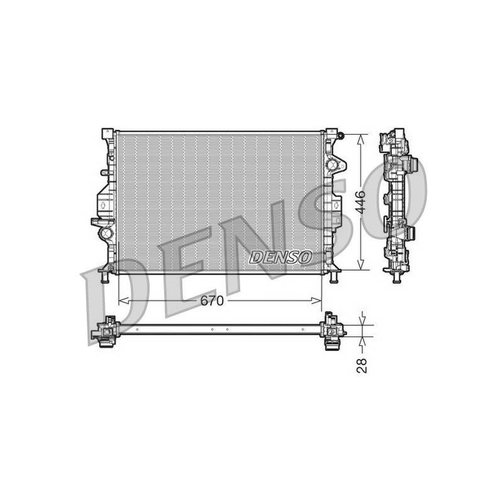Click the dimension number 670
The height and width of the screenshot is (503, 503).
(212, 301)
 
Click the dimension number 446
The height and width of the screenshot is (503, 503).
(362, 202)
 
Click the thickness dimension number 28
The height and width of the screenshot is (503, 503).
(362, 365)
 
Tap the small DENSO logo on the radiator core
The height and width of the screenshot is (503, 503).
(280, 257)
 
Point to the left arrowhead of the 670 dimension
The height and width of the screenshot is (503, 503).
(124, 301)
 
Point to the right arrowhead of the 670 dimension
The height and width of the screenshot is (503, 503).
(316, 301)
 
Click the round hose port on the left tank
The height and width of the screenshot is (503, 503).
(105, 233)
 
